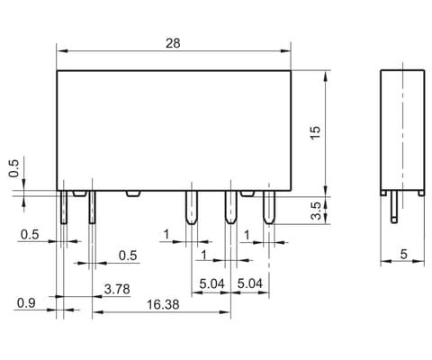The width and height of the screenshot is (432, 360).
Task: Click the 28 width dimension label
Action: [x=173, y=43]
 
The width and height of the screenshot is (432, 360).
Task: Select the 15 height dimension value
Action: [x=315, y=132]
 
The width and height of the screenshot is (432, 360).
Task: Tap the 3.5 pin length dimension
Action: [x=316, y=211]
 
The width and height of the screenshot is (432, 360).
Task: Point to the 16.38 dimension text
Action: [x=163, y=304]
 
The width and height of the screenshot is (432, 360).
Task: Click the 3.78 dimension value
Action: [x=117, y=289]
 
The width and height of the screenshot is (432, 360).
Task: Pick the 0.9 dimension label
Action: [x=26, y=303]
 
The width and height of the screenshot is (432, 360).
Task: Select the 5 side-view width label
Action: [x=404, y=254]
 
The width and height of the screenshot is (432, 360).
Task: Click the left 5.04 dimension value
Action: [x=211, y=283]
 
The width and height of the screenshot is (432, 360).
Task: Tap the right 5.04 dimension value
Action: [x=250, y=283]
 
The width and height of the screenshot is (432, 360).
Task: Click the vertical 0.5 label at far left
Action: [x=13, y=168]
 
